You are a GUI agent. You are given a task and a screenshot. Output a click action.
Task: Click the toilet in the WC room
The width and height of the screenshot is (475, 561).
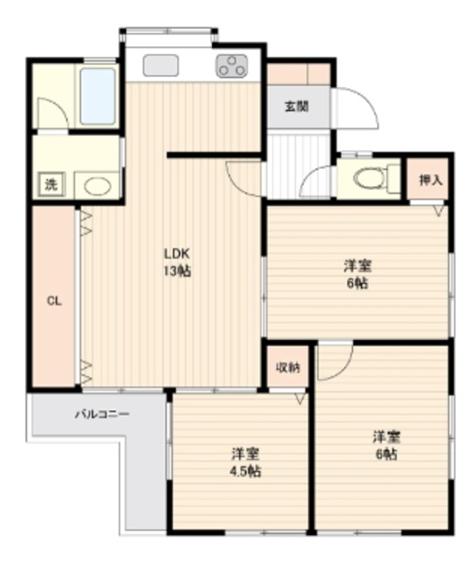point(368,179)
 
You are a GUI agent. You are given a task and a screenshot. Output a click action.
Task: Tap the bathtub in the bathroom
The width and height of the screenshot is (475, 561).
point(97,96)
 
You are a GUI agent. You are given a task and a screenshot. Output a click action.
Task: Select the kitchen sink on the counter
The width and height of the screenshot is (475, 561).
point(160,65)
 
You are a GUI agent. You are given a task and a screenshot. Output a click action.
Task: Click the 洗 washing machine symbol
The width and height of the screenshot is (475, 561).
point(51,184)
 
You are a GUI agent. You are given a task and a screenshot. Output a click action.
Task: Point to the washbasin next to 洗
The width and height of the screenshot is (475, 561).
point(96,185)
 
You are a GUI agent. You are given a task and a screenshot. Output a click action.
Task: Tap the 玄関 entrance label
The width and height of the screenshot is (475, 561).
point(296,107)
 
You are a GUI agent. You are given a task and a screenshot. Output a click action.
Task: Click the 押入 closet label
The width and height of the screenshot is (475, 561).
point(429,181)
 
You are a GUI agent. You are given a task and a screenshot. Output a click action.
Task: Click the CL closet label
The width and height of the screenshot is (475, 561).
point(53,301)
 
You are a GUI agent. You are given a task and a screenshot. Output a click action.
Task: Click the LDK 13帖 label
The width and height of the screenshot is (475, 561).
point(177,262)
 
